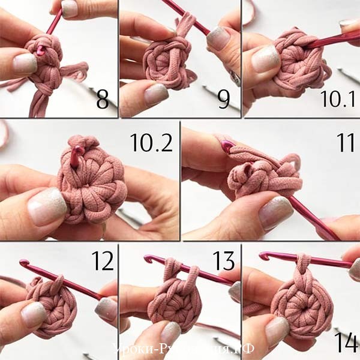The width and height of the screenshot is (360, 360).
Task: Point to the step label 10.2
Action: pyautogui.click(x=151, y=142)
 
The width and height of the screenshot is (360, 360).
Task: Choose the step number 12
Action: pyautogui.click(x=102, y=261)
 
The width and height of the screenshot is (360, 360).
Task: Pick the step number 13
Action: pyautogui.click(x=223, y=261)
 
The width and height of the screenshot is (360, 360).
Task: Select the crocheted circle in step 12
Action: pyautogui.click(x=50, y=305)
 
